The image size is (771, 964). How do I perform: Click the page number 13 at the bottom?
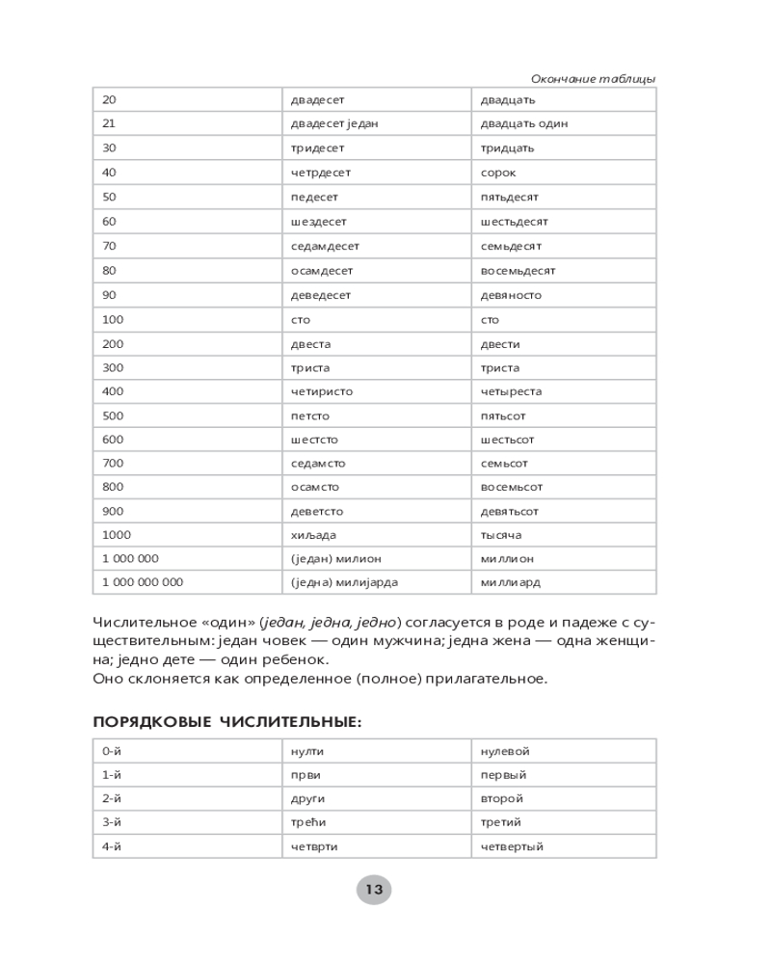(374, 889)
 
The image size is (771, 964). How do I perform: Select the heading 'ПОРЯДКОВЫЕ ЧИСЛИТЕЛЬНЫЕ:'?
(226, 722)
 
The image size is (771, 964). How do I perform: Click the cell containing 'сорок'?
(498, 173)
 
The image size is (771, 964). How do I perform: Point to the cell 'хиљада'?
(313, 535)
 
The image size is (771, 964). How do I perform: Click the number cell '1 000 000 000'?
(143, 582)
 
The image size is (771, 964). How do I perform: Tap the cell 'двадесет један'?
(334, 123)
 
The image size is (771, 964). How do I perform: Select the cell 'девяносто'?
(511, 295)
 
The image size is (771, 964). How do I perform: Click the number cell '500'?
(112, 415)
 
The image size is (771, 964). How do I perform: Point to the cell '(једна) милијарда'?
(344, 582)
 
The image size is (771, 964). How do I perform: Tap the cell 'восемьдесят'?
(518, 271)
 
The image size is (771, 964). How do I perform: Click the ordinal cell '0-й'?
(112, 751)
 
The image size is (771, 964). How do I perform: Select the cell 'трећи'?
(307, 822)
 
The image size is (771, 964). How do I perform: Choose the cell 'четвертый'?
(512, 846)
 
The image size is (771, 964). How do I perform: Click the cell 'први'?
(306, 775)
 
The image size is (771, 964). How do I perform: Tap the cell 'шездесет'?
(317, 222)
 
